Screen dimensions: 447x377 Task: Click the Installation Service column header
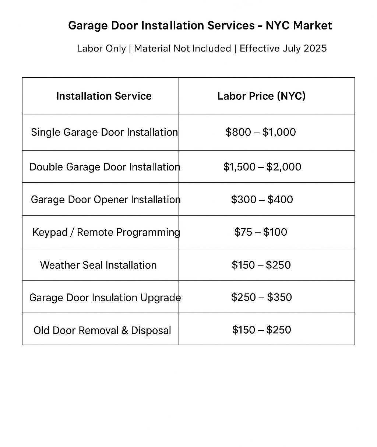click(x=104, y=96)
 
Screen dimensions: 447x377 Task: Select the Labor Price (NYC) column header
click(x=261, y=96)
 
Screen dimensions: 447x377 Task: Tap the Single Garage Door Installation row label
click(x=104, y=132)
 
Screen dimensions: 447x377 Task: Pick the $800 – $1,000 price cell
click(x=261, y=132)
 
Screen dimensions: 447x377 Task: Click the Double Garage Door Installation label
click(x=105, y=167)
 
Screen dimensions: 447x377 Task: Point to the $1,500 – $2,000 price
click(x=262, y=167)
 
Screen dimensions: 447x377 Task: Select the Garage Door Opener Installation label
click(x=105, y=200)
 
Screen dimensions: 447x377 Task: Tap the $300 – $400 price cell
click(x=262, y=200)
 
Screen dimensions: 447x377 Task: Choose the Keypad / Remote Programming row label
click(x=106, y=232)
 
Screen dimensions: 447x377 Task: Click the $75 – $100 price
click(x=261, y=232)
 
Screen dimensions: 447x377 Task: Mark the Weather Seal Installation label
click(x=98, y=265)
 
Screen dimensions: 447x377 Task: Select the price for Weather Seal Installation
click(x=261, y=265)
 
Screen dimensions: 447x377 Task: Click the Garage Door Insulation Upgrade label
click(x=105, y=298)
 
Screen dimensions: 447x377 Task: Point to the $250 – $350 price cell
click(x=261, y=298)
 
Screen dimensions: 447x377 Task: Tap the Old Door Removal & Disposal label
click(x=102, y=330)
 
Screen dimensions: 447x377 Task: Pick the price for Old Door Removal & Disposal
click(x=261, y=330)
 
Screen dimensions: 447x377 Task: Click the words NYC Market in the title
click(x=299, y=26)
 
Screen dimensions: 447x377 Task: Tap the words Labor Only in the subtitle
click(x=101, y=49)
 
